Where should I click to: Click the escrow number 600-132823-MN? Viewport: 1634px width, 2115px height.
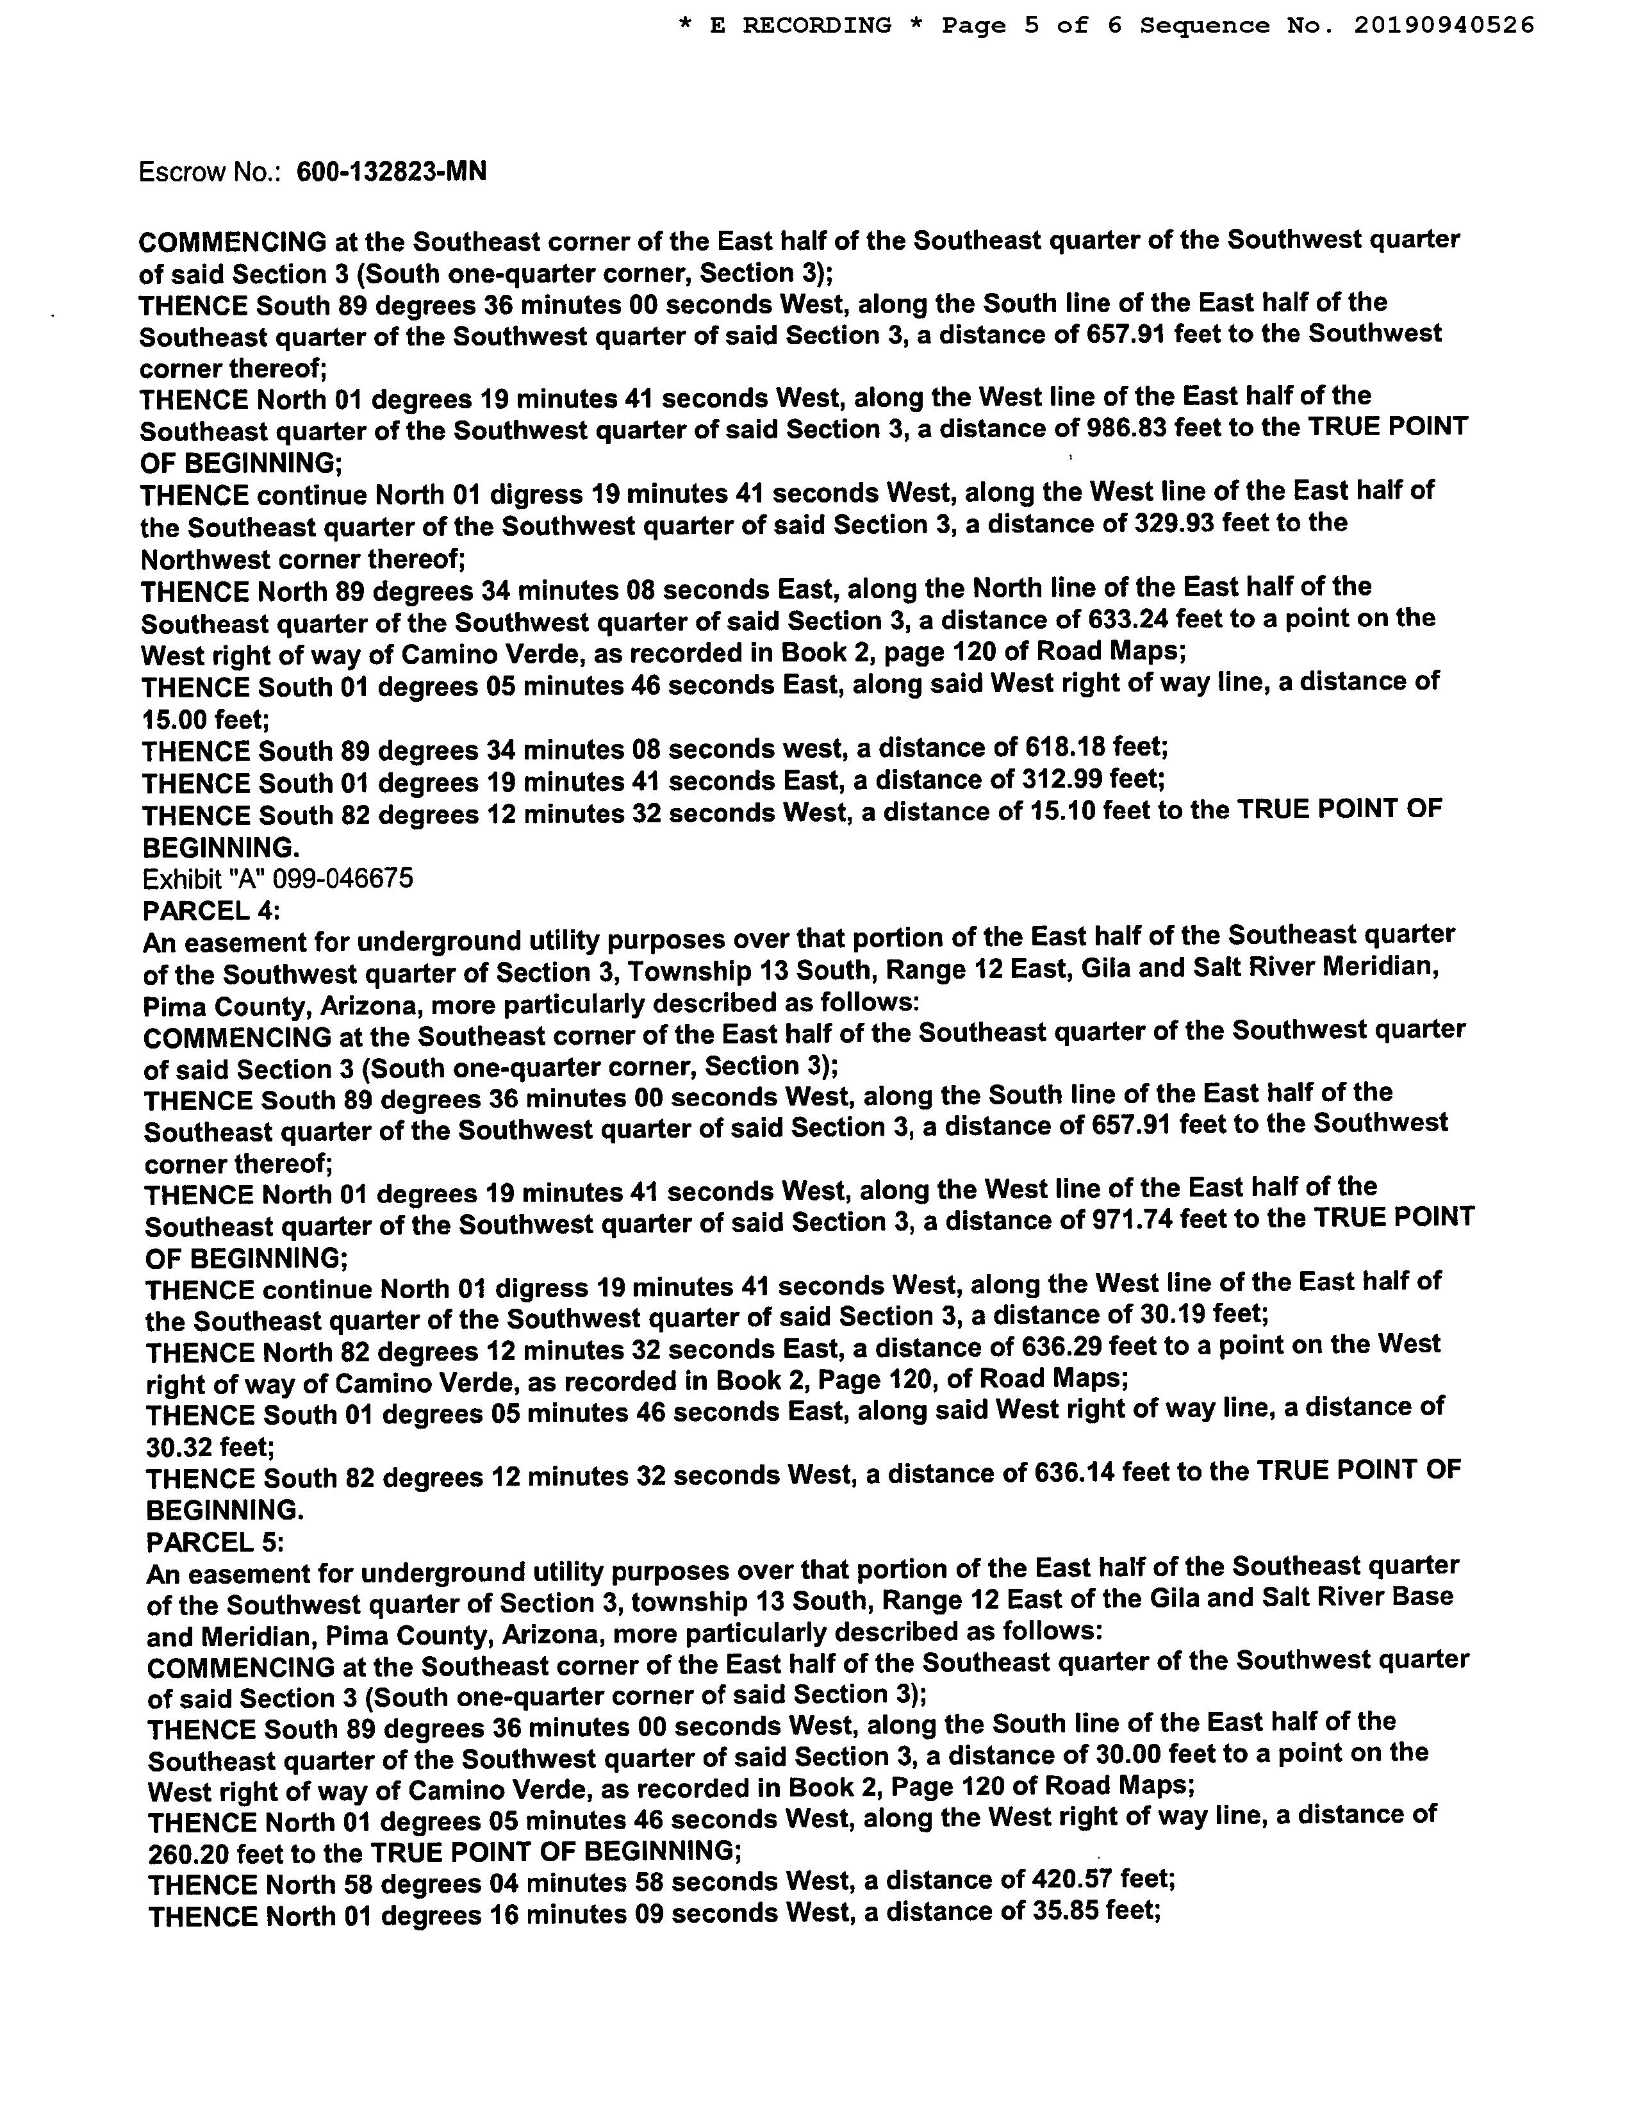[391, 172]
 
